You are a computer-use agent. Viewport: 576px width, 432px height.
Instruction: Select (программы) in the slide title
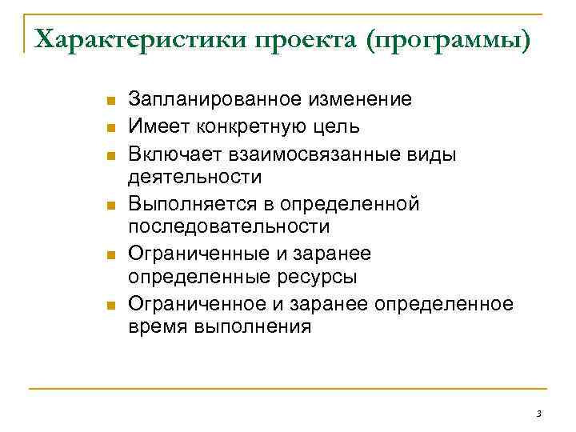pos(448,38)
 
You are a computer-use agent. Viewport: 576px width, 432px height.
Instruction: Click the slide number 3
pos(539,414)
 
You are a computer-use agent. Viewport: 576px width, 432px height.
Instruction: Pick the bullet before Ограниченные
pos(110,255)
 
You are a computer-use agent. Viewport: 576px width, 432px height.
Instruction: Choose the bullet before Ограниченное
pos(110,306)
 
